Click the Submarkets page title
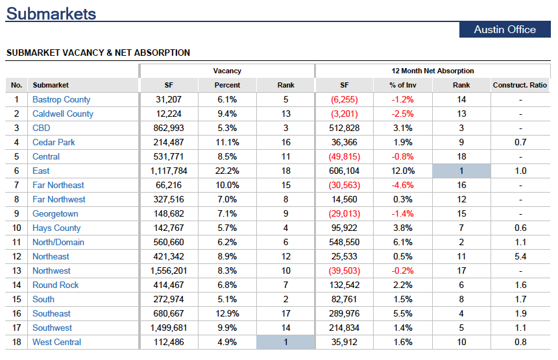tap(51, 14)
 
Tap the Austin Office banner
tap(505, 30)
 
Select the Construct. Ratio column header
tap(520, 85)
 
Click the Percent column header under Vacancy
tap(227, 85)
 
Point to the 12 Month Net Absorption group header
tap(432, 71)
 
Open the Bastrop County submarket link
tap(61, 100)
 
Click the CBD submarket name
tap(42, 128)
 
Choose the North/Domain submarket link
tap(58, 242)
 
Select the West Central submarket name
tap(56, 342)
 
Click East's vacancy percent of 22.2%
tap(227, 171)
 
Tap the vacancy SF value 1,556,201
tap(169, 270)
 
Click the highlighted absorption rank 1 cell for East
tap(461, 171)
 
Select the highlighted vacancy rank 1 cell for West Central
tap(285, 342)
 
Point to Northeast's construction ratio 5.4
tap(520, 256)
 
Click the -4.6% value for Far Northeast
tap(402, 185)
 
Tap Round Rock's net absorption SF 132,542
tap(344, 285)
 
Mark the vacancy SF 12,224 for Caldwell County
tap(169, 114)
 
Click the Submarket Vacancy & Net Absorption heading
tap(98, 53)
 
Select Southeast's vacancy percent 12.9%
tap(227, 313)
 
